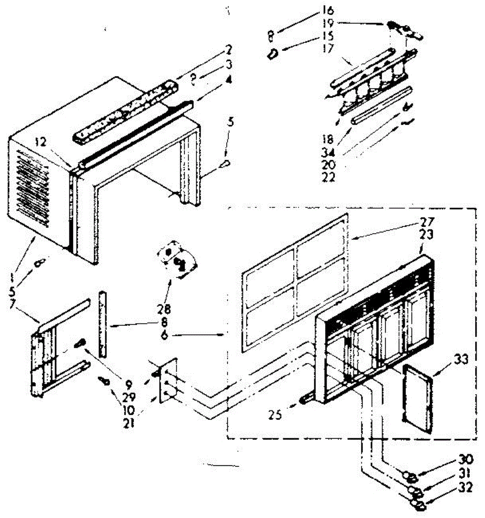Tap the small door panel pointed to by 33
418,397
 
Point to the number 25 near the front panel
276,415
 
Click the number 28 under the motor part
164,309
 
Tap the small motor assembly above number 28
177,259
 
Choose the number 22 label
329,177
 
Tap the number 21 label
128,423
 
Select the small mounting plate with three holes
168,380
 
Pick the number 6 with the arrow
164,335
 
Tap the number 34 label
329,152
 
